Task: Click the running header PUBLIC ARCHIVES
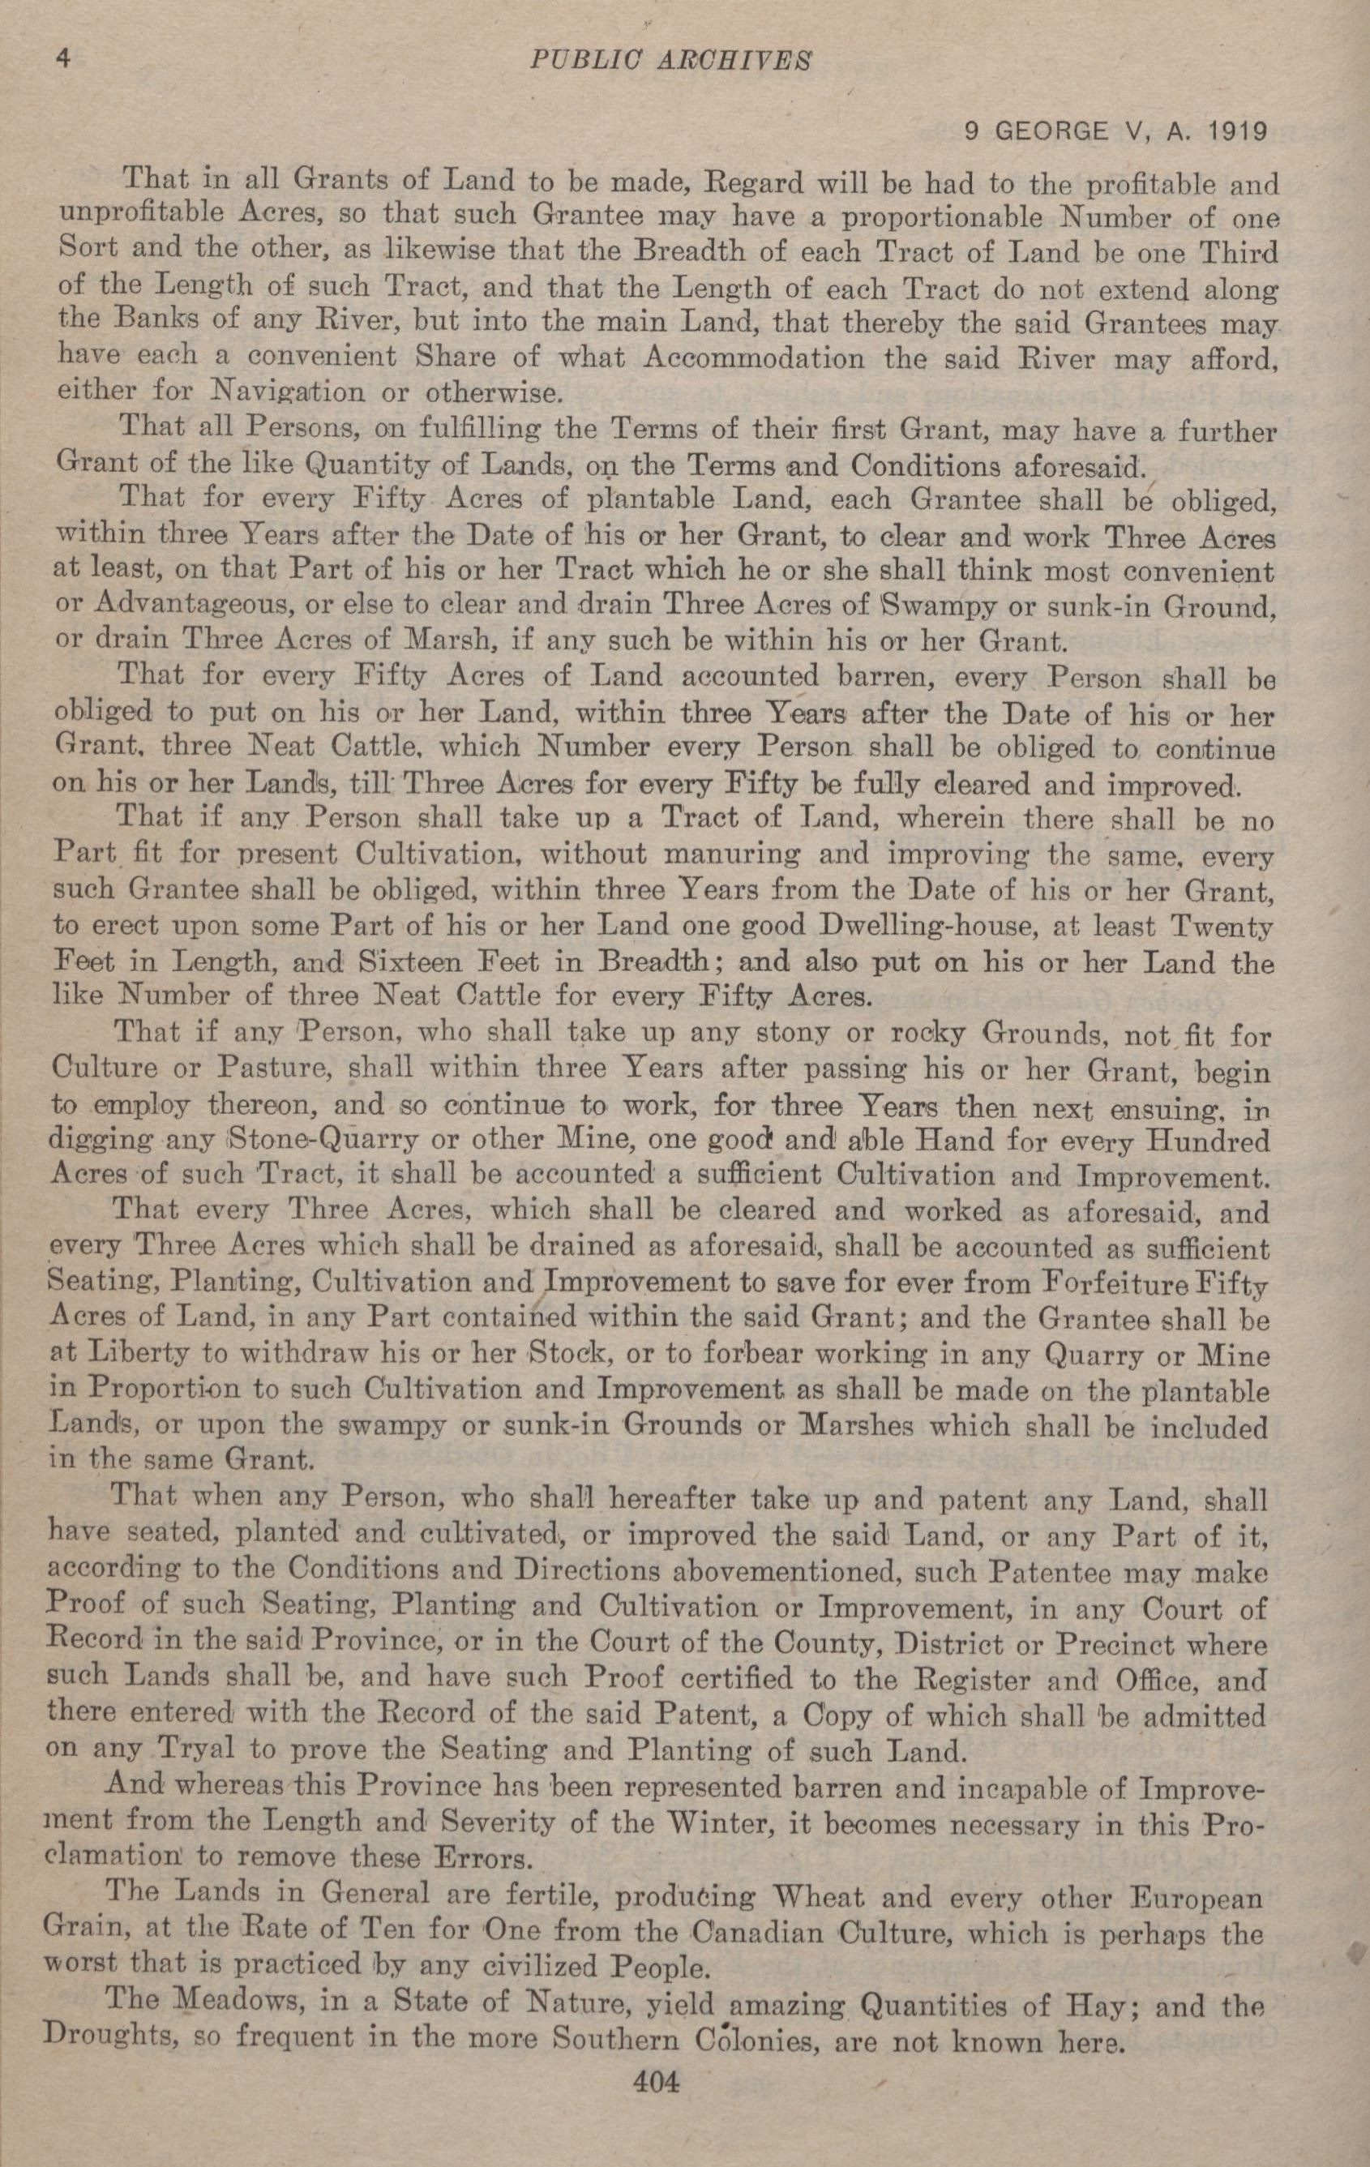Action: click(670, 60)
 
